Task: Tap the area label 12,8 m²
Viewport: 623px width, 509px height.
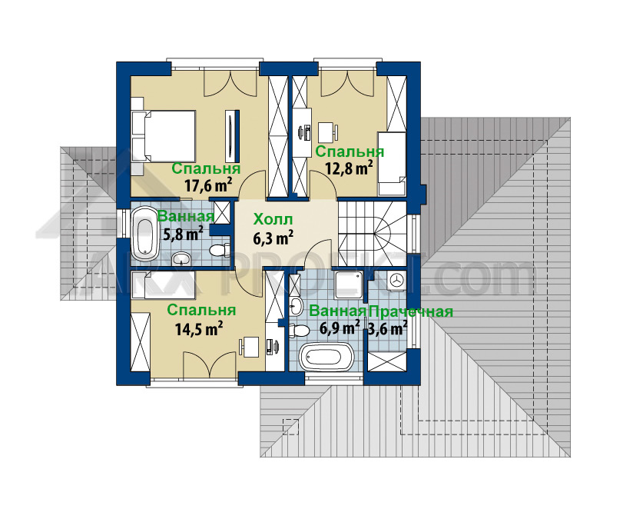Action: point(350,168)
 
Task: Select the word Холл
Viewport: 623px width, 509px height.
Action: point(273,219)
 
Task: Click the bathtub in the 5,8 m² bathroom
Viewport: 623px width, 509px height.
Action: point(144,231)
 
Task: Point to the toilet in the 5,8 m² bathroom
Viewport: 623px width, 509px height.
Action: point(220,250)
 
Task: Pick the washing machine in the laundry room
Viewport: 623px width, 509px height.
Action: point(396,281)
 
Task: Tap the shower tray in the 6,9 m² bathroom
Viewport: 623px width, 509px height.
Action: point(349,285)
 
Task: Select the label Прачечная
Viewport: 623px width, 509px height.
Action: point(411,311)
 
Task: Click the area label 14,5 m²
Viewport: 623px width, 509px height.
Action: point(199,328)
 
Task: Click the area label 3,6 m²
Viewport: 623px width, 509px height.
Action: point(387,328)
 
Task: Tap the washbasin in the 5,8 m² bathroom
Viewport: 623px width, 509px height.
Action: point(182,259)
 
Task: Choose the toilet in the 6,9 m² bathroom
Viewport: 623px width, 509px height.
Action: point(300,331)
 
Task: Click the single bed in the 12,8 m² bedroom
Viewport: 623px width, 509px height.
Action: point(392,164)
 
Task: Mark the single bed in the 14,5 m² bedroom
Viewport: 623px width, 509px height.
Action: point(164,284)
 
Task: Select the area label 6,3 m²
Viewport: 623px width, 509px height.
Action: point(273,238)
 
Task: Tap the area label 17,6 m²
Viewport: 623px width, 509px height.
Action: point(208,185)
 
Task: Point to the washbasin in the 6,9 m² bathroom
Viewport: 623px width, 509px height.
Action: point(296,306)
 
